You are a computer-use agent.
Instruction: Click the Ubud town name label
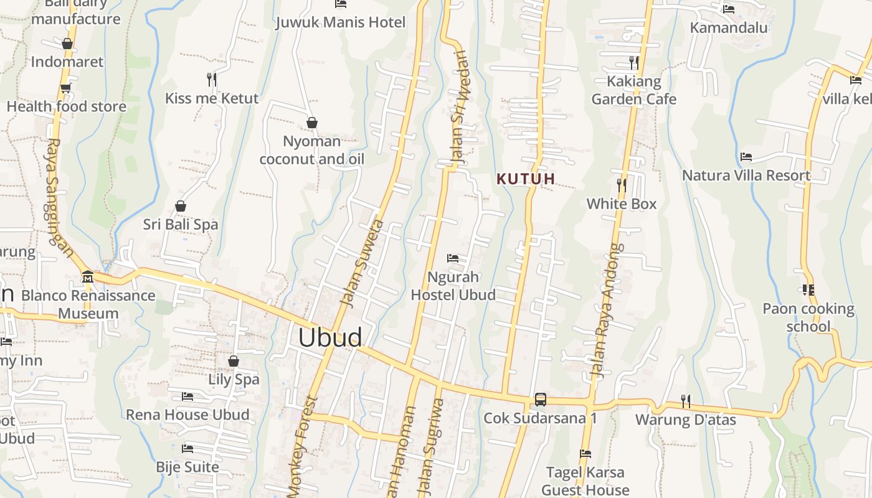click(x=329, y=337)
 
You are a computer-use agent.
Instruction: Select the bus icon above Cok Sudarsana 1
click(x=540, y=400)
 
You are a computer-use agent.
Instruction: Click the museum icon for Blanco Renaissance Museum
click(x=87, y=276)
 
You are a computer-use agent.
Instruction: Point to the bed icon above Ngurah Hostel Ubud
click(x=453, y=258)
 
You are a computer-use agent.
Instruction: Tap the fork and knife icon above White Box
click(x=621, y=185)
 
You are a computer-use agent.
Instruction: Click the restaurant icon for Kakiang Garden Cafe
click(x=633, y=62)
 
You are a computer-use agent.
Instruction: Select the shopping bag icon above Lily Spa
click(x=234, y=361)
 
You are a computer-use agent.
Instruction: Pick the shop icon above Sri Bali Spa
click(x=181, y=206)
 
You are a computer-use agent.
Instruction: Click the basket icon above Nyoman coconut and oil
click(x=311, y=123)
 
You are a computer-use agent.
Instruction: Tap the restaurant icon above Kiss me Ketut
click(x=212, y=79)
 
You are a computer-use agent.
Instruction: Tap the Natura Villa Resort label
click(x=746, y=176)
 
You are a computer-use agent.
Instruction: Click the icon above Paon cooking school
click(x=808, y=289)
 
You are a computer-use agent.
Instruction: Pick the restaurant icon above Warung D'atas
click(x=685, y=402)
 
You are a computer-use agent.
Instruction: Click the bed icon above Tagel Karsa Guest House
click(x=585, y=454)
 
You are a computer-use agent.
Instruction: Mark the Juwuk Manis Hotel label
click(x=341, y=22)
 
